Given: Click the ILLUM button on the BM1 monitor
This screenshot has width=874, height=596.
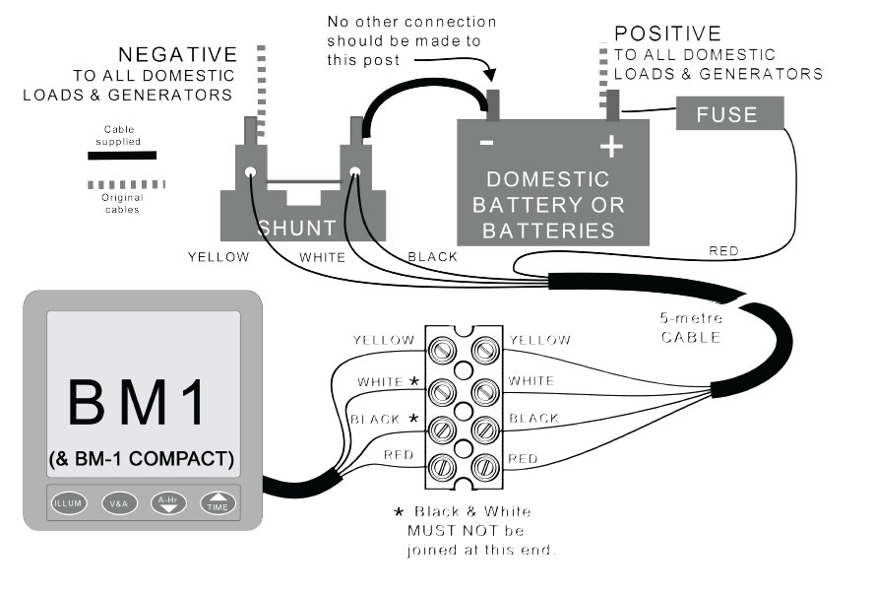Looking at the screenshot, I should pyautogui.click(x=70, y=502).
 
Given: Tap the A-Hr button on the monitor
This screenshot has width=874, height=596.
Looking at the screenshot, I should pyautogui.click(x=167, y=502).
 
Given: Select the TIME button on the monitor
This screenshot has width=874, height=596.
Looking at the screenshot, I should pyautogui.click(x=218, y=502).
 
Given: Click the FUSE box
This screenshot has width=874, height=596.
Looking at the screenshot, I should pyautogui.click(x=727, y=114).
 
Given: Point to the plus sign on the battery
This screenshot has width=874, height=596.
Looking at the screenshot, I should pyautogui.click(x=612, y=148).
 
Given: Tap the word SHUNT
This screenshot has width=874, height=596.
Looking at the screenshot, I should pyautogui.click(x=296, y=229).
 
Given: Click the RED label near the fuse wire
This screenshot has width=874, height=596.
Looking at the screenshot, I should pyautogui.click(x=723, y=251).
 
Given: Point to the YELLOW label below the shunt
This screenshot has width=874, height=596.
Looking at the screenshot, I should pyautogui.click(x=219, y=257).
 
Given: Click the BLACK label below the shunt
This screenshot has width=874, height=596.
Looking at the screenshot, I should pyautogui.click(x=432, y=257).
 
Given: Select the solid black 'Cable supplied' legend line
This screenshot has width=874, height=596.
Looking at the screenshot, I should pyautogui.click(x=123, y=155).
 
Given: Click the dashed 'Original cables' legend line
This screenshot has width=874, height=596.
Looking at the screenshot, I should pyautogui.click(x=126, y=184).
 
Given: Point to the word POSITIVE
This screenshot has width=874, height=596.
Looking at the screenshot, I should pyautogui.click(x=667, y=34).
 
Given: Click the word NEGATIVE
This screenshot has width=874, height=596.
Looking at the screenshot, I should pyautogui.click(x=177, y=54).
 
